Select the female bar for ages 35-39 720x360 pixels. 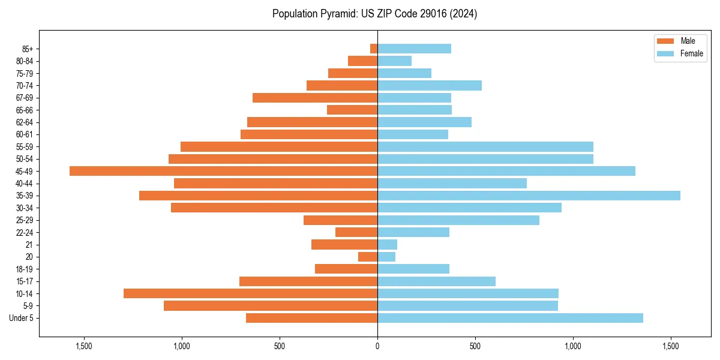tap(529, 196)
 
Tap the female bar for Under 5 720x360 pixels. tap(510, 318)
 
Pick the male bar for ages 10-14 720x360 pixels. tap(250, 293)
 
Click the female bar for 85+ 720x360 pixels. tap(414, 49)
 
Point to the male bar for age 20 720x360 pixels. tap(368, 257)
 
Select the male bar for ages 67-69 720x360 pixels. tap(315, 98)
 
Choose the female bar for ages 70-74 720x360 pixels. tap(430, 85)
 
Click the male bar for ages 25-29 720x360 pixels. tap(340, 220)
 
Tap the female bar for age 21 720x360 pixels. tap(387, 245)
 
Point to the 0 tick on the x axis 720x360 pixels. tap(377, 346)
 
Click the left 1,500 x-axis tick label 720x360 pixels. tap(83, 346)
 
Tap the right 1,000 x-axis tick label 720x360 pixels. tap(573, 346)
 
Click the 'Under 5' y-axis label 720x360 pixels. tap(21, 318)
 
